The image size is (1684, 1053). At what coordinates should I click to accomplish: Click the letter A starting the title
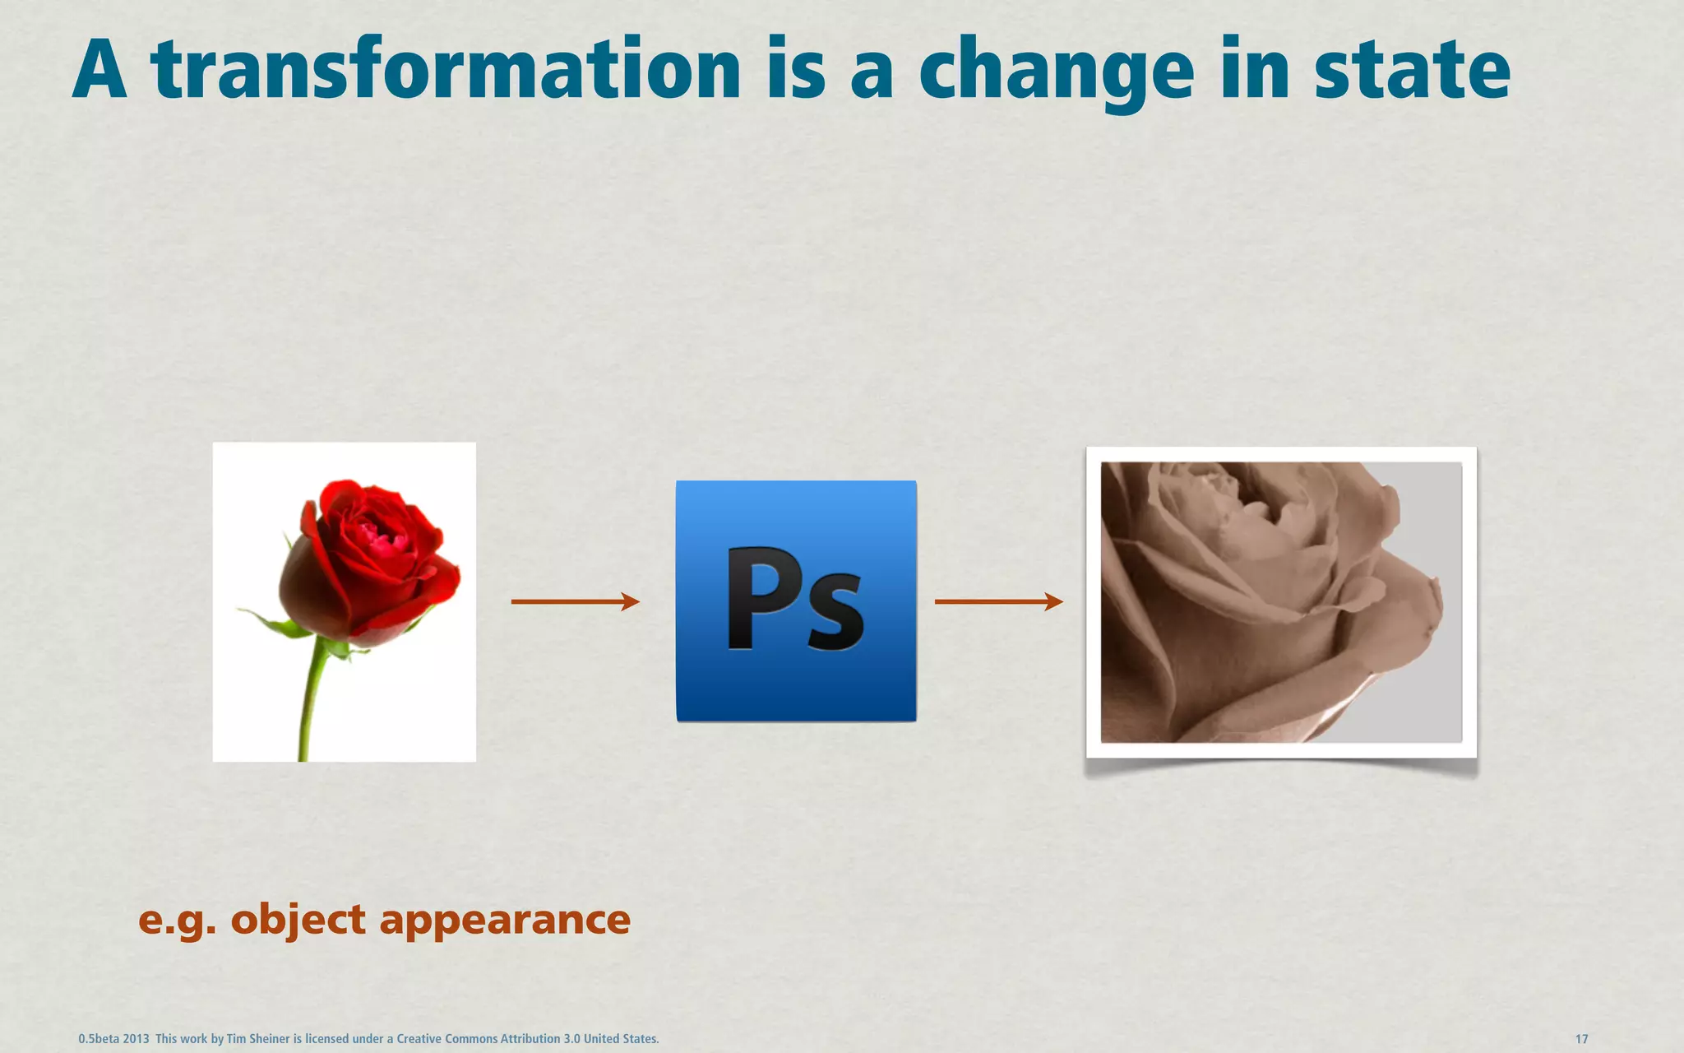[99, 70]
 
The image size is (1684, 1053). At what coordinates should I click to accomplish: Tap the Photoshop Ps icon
[796, 601]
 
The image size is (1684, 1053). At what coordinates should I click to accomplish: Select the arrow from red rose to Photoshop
[575, 601]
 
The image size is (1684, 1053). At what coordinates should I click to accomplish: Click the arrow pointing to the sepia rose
[998, 601]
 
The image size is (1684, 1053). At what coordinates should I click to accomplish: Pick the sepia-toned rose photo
[1281, 602]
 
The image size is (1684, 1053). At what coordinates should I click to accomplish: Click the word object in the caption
[298, 920]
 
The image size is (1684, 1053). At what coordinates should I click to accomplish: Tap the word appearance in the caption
[504, 920]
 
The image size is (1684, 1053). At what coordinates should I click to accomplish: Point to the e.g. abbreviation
[177, 920]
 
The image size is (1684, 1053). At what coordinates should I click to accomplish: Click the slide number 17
[1581, 1039]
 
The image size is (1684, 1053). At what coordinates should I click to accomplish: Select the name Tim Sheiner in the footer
[258, 1039]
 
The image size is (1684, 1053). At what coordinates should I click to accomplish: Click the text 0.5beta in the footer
[98, 1039]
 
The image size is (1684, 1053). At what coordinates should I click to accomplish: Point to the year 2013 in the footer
[136, 1039]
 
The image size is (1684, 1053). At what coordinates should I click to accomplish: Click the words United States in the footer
[621, 1039]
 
